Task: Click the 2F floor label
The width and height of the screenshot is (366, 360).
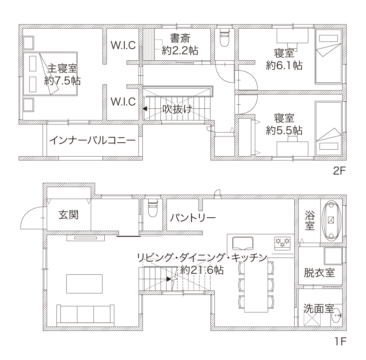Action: [339, 171]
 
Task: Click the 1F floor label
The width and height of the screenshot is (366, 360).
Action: [340, 341]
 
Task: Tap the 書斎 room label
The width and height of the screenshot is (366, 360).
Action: [180, 38]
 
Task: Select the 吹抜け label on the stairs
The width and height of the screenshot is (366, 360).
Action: [177, 109]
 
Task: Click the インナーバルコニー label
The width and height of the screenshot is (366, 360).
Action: [93, 140]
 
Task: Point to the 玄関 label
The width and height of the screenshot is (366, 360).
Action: [68, 215]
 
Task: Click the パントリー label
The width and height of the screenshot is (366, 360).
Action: [193, 218]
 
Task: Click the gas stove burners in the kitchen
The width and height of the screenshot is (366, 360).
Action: [283, 243]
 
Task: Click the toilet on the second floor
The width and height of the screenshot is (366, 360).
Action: [224, 38]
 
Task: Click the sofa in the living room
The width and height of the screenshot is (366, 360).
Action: [85, 315]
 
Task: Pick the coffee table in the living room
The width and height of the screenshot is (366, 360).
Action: [84, 284]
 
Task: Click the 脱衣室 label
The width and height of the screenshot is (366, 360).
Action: [319, 273]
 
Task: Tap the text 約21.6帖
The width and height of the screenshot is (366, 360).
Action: [202, 270]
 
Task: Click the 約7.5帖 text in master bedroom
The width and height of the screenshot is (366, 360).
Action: [63, 81]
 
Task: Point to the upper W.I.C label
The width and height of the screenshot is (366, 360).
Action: [123, 45]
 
